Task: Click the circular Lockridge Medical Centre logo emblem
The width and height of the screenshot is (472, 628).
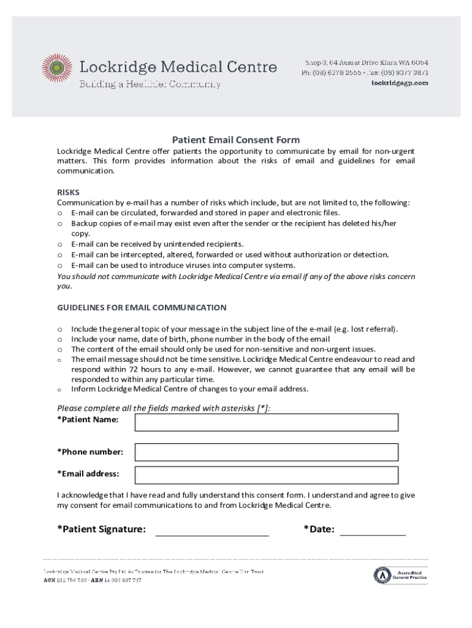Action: (x=57, y=68)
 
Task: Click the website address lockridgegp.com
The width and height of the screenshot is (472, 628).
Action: (x=400, y=83)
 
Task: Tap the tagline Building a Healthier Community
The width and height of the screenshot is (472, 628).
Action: (x=150, y=85)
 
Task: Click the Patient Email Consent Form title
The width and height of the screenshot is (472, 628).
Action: (x=235, y=140)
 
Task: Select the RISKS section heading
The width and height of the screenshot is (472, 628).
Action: (x=68, y=192)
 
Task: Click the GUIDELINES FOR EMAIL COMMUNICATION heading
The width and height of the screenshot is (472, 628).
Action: (x=142, y=307)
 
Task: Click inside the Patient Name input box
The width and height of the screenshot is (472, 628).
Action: (x=266, y=423)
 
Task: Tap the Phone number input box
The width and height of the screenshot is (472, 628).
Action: (x=266, y=452)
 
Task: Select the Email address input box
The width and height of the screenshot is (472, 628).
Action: (x=266, y=475)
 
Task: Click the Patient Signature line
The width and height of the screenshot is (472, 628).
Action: (x=211, y=530)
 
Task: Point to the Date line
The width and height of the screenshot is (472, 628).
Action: (x=372, y=530)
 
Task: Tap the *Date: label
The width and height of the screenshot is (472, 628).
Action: (x=319, y=529)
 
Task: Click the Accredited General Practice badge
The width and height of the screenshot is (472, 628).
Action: (x=401, y=575)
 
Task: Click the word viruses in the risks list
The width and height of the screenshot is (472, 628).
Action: (x=173, y=266)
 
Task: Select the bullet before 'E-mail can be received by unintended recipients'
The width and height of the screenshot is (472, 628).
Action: (x=60, y=244)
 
